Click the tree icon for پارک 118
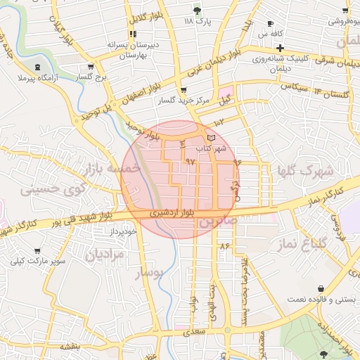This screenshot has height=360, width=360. tap(196, 11)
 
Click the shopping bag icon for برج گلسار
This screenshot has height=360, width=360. tap(84, 67)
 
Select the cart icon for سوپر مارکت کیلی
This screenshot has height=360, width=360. tap(37, 250)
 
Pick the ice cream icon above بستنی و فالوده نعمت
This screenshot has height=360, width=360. tap(321, 288)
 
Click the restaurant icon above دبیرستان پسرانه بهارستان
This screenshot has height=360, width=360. tap(132, 34)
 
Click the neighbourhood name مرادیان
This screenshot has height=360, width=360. tap(104, 254)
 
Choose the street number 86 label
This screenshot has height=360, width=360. tap(224, 246)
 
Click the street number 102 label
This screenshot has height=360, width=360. tap(218, 122)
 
